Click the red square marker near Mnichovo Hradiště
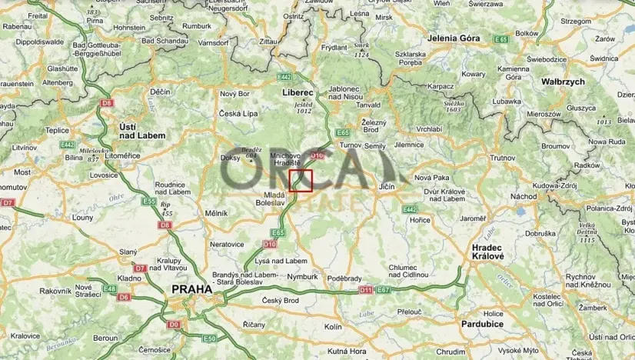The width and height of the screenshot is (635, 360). coord(301,180)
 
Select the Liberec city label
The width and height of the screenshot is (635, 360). coord(293,92)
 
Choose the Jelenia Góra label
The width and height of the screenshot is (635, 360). coord(454,38)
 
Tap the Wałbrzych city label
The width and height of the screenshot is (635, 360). coord(563,81)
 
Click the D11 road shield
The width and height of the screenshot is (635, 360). coord(365,290)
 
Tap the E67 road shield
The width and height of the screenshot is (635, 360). coord(384,290)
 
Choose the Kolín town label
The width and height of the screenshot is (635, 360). coord(333,327)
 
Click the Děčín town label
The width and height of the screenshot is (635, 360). coord(160,92)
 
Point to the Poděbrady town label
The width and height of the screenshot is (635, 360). coord(344,278)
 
